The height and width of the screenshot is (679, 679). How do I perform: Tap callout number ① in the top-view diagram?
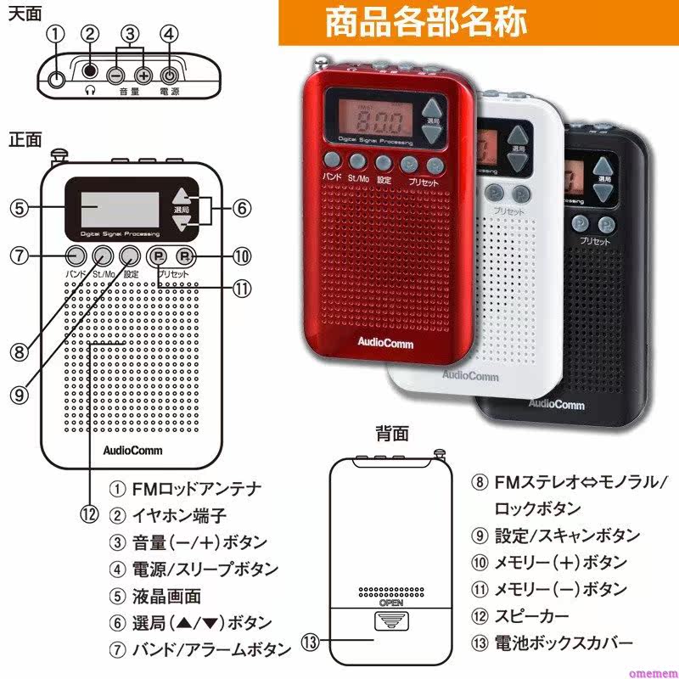coord(56,34)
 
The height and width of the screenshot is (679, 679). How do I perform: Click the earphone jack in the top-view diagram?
coord(90,75)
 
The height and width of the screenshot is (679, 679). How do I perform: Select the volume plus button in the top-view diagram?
coord(143,75)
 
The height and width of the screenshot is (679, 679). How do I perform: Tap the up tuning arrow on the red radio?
coord(434,108)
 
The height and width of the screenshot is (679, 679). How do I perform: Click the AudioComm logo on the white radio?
coord(470,374)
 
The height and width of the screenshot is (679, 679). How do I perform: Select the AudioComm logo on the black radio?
coord(557,404)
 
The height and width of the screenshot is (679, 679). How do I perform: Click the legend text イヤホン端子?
coord(179,514)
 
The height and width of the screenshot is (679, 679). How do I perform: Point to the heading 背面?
coord(392,434)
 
